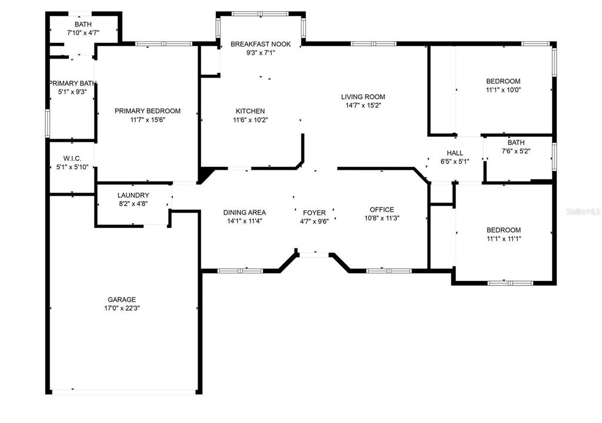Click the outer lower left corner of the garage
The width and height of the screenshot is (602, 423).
[46, 394]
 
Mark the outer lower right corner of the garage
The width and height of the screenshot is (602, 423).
[202, 394]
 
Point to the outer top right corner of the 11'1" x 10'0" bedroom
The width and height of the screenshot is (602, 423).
[557, 42]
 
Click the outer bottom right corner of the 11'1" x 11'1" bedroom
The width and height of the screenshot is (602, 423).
[557, 285]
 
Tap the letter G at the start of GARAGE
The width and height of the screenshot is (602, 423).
[110, 300]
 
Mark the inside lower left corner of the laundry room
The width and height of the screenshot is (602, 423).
[98, 224]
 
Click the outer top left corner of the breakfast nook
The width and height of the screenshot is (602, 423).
[216, 12]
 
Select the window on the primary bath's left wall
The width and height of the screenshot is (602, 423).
[48, 123]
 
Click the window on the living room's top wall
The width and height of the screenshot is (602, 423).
[373, 43]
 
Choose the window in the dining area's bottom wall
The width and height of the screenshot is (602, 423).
[240, 271]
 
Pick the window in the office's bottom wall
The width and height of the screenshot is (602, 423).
[389, 271]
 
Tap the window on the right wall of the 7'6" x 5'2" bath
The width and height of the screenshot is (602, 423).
[554, 156]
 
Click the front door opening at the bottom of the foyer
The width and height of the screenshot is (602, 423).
[314, 254]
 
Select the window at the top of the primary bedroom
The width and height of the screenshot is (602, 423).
[163, 43]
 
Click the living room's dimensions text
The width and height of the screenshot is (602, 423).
[363, 106]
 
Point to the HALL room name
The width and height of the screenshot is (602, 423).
[455, 153]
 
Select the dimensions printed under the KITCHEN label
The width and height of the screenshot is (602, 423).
[250, 120]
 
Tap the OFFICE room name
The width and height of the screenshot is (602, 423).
[382, 210]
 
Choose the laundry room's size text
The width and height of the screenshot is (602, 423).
[133, 204]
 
